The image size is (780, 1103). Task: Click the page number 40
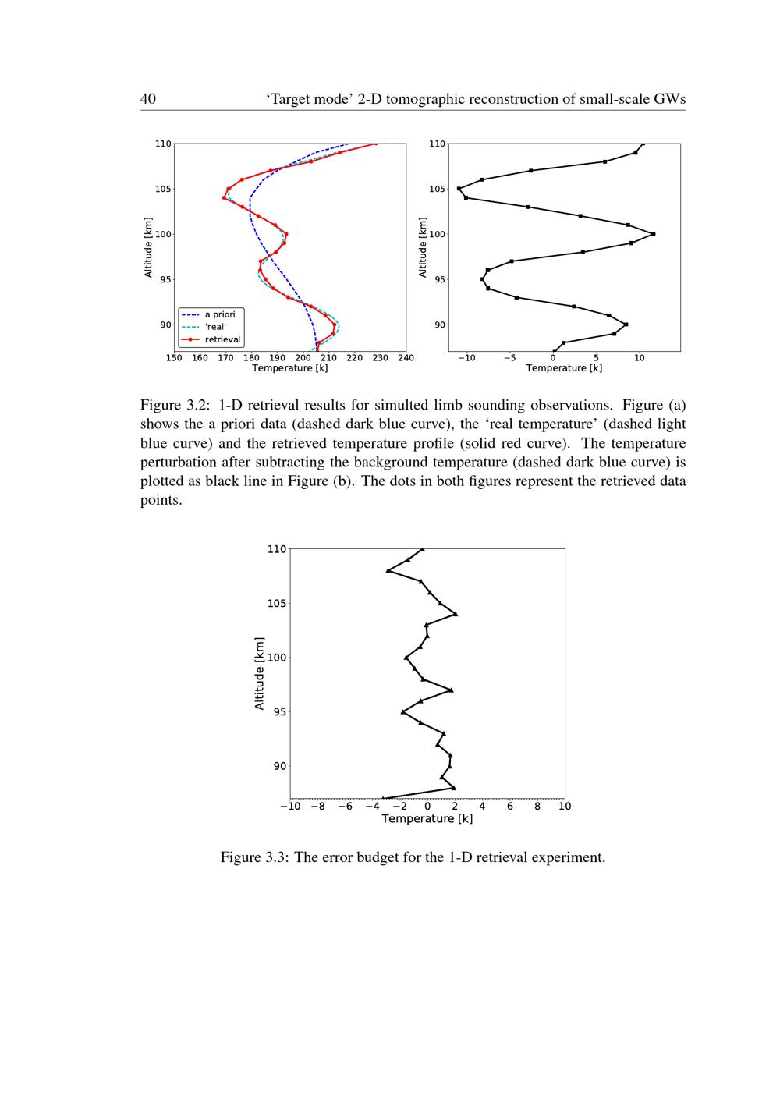pos(148,99)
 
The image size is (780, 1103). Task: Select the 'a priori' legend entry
pos(219,315)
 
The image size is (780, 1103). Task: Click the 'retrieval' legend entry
pos(222,340)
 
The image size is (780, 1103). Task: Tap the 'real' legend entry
pos(215,328)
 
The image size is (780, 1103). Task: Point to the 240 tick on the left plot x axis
pos(406,358)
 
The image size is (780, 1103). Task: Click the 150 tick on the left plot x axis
pos(174,358)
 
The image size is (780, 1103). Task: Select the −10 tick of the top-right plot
pos(466,358)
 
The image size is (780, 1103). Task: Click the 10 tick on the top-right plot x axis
pos(640,358)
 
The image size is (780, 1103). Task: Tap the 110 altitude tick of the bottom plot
pos(277,549)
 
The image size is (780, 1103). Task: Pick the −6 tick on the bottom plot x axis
pos(345,807)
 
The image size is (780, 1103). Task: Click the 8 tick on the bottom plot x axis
pos(537,807)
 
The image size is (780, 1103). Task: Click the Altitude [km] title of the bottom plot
pos(260,673)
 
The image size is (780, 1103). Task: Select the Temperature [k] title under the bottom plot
pos(427,819)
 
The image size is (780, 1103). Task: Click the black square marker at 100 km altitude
pos(654,234)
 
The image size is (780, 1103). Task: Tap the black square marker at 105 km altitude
pos(459,189)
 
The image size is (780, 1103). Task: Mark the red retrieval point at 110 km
pos(376,144)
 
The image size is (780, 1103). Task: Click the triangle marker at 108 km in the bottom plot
pos(388,571)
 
